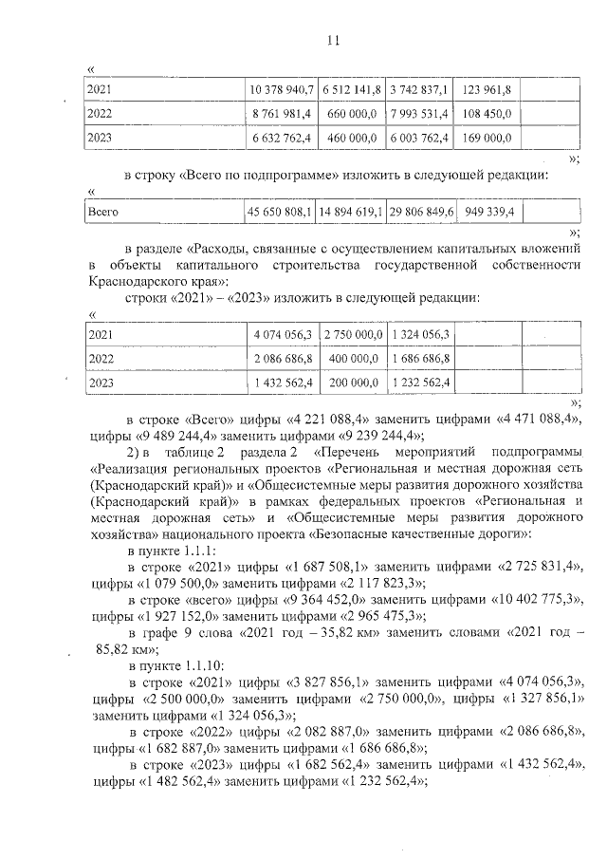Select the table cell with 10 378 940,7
click(x=281, y=89)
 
